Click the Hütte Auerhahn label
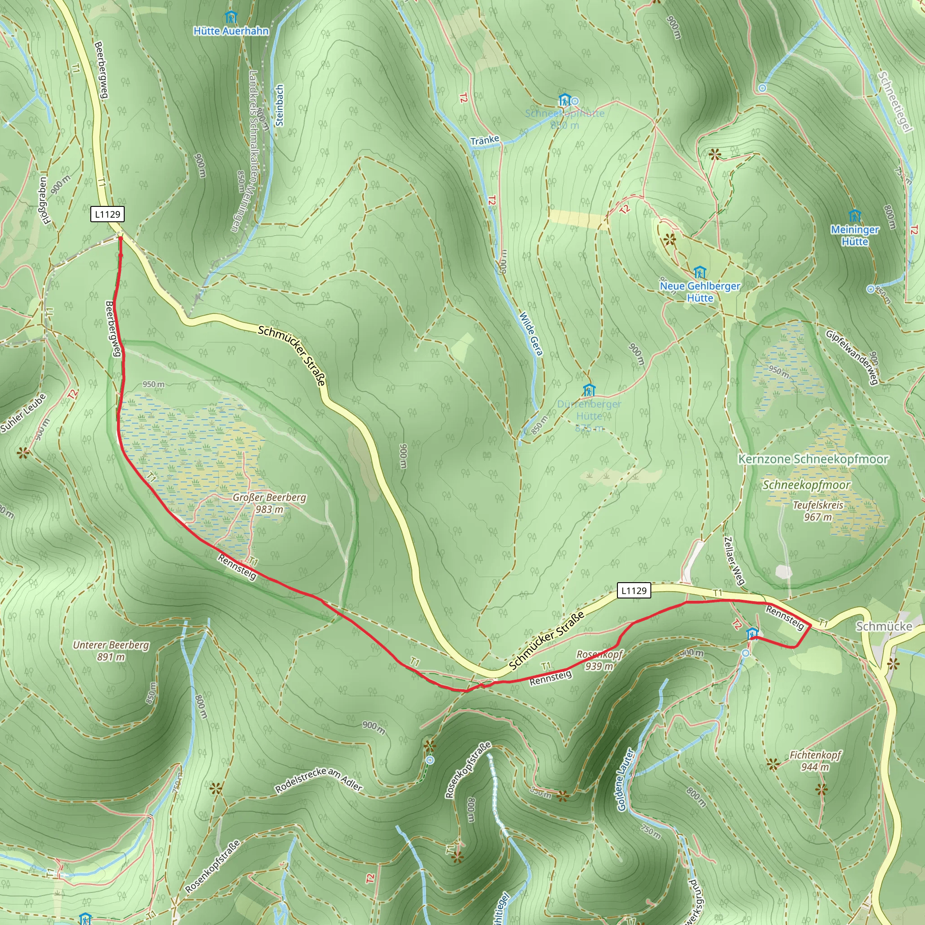click(231, 31)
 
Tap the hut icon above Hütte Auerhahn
click(231, 18)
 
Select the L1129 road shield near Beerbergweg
click(107, 214)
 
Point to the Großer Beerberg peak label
click(269, 503)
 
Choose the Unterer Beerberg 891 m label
click(111, 651)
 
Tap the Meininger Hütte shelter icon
click(855, 215)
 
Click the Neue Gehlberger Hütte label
click(700, 292)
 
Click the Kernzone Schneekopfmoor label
click(813, 459)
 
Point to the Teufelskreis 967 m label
click(818, 511)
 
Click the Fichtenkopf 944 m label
click(815, 761)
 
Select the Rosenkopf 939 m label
click(599, 660)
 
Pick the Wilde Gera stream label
click(532, 334)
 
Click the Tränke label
click(485, 140)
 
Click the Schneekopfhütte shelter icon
click(565, 100)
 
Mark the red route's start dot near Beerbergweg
click(120, 238)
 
